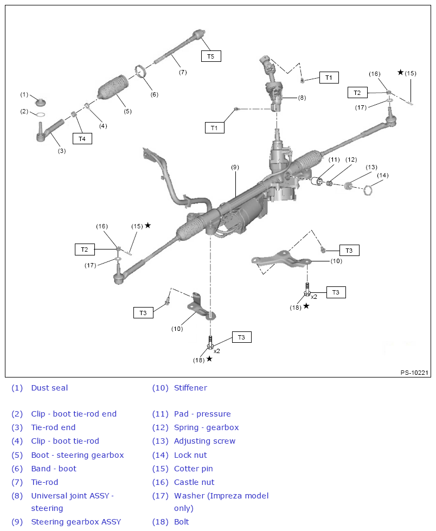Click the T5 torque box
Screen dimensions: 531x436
point(211,56)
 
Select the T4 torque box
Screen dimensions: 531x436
point(82,138)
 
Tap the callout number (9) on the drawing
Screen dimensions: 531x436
point(235,168)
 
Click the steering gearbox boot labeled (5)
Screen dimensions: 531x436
point(113,89)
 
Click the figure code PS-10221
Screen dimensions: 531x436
point(414,373)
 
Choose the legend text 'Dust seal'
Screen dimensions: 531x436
point(49,388)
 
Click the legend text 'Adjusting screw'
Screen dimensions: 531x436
point(204,441)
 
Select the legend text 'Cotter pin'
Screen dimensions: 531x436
point(193,469)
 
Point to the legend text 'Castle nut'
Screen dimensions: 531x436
point(194,482)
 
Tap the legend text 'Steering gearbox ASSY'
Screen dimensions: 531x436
point(76,522)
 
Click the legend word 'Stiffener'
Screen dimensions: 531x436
point(190,388)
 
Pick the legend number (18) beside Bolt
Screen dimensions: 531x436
point(160,522)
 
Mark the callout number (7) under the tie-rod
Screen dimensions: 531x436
point(183,72)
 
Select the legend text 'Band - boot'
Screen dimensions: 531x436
point(54,469)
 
